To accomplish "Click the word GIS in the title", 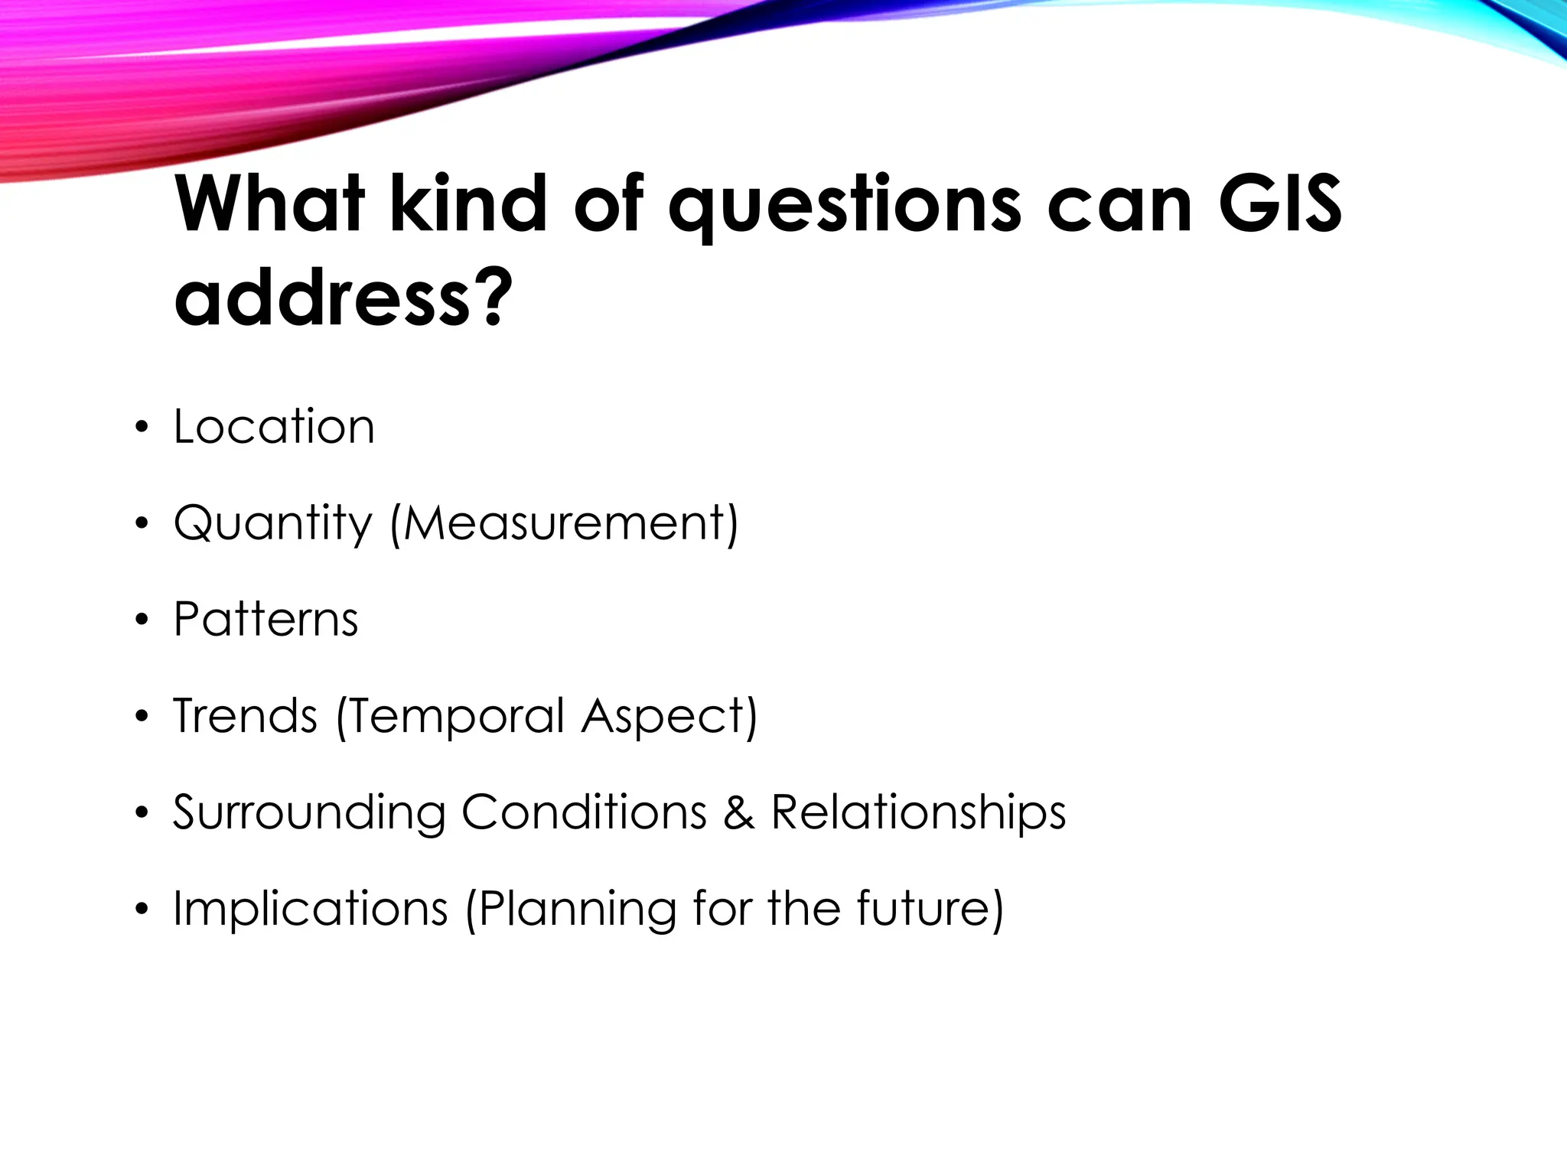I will coord(1280,205).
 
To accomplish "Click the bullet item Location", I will coord(274,427).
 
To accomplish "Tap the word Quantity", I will coord(273,525).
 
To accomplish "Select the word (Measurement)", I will coord(564,525).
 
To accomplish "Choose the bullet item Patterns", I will coord(266,620).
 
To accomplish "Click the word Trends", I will coord(245,716).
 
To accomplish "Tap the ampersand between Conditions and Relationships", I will coord(738,812).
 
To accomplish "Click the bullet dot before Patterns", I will coord(140,621).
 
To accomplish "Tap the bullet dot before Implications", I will coord(140,910).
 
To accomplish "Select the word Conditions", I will coord(584,812).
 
